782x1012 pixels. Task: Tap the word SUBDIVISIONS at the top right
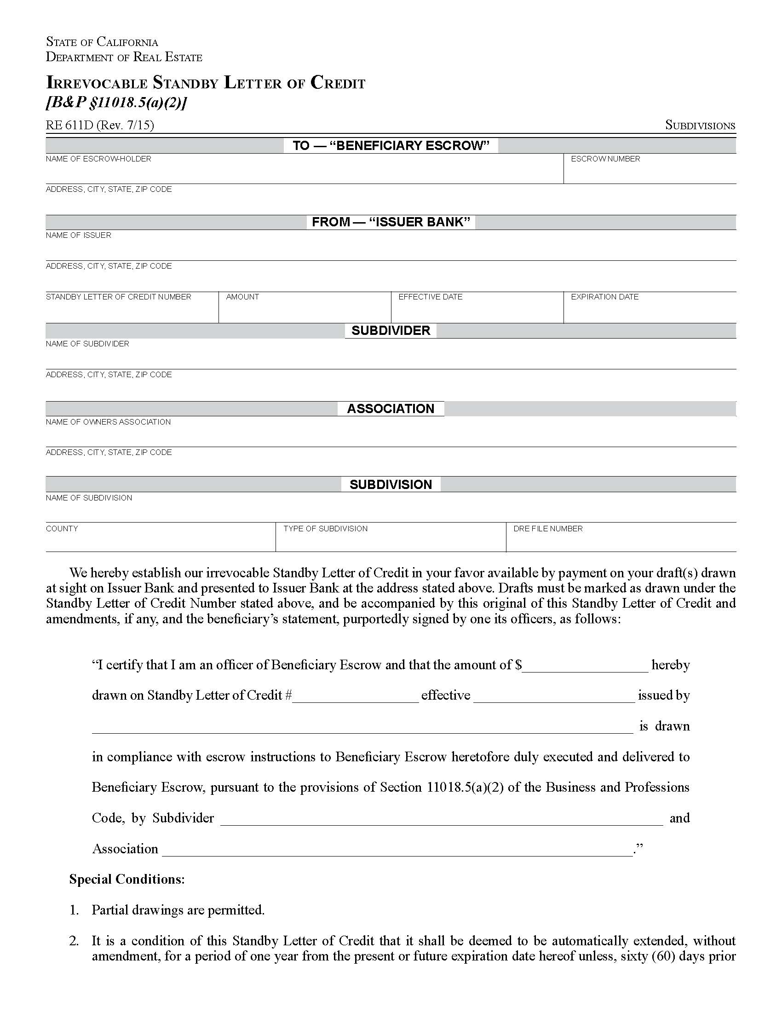coord(700,125)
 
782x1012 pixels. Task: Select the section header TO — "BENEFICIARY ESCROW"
coord(391,145)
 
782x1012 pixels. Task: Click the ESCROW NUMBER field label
coord(605,159)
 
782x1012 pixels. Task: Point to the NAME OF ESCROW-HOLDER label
coord(98,159)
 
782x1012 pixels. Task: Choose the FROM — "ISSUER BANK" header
coord(391,222)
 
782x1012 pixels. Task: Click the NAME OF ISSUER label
coord(78,236)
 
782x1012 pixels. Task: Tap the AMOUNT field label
coord(242,297)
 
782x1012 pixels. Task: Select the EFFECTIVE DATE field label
coord(430,297)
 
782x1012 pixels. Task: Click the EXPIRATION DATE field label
coord(604,297)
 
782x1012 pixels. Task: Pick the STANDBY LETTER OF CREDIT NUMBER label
coord(118,297)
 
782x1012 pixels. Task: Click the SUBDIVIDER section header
coord(391,330)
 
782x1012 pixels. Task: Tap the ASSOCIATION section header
coord(391,408)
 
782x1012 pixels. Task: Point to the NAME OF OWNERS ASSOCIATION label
coord(108,422)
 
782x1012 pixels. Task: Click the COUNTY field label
coord(62,529)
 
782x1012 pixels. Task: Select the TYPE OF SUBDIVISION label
coord(325,529)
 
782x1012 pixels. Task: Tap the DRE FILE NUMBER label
coord(547,529)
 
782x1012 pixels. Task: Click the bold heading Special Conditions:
coord(126,880)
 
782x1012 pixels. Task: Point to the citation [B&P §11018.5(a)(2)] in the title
coord(116,103)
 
